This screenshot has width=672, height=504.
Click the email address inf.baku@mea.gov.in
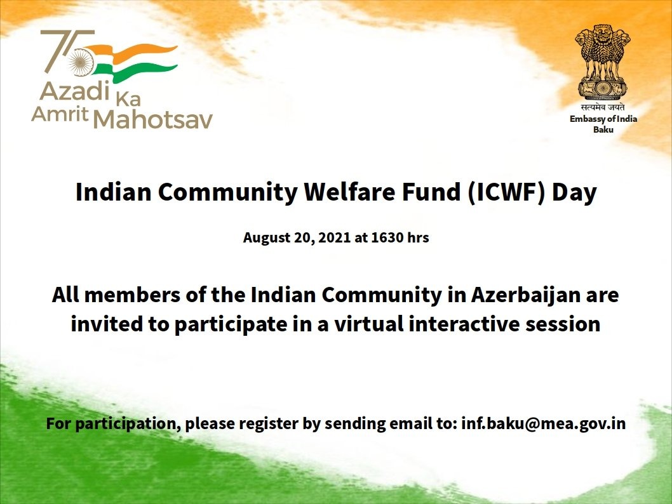coord(543,423)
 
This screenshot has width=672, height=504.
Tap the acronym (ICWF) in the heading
coord(506,192)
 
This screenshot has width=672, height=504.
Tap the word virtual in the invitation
coord(369,324)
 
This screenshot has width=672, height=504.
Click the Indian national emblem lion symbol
coord(603,62)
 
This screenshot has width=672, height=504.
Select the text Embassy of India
coord(603,119)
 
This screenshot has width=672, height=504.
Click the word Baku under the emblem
coord(603,129)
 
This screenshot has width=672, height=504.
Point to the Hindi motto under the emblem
coord(603,107)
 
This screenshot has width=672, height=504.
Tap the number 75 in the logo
coord(68,52)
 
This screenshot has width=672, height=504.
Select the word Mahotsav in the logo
coord(153,119)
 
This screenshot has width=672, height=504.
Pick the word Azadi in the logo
coord(75,91)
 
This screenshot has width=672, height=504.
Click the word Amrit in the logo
coord(60,114)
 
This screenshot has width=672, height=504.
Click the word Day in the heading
coord(574,192)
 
